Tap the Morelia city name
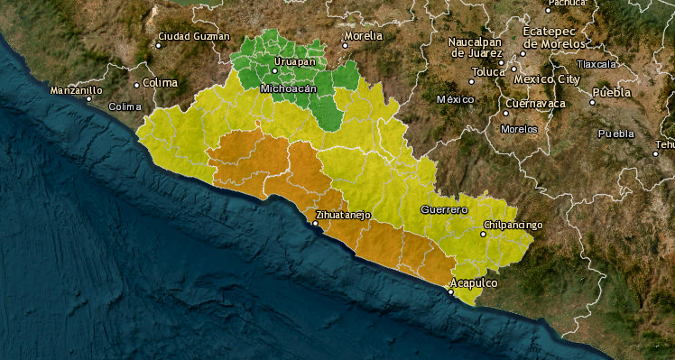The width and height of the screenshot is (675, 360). [364, 36]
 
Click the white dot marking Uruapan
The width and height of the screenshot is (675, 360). [275, 70]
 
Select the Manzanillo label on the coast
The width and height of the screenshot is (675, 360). [76, 90]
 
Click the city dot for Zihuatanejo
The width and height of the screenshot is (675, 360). [316, 223]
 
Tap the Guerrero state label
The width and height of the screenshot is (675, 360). [444, 209]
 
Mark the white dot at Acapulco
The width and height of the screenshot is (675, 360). [452, 291]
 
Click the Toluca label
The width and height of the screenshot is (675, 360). [488, 71]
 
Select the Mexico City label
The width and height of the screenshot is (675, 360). [546, 79]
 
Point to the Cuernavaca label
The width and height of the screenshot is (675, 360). [535, 104]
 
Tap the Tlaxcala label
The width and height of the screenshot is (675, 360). [596, 64]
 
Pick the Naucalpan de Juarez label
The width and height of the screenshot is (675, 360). [481, 47]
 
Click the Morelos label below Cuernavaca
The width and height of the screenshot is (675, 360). [519, 129]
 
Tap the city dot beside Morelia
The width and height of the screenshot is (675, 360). [345, 44]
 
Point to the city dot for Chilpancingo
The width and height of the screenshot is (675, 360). [483, 234]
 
